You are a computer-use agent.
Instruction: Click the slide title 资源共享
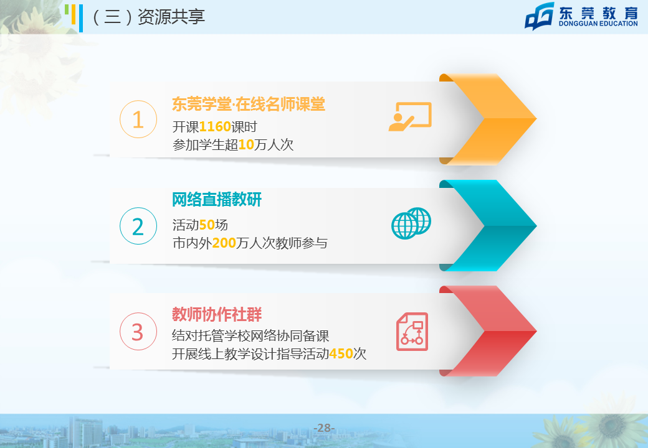pyautogui.click(x=171, y=17)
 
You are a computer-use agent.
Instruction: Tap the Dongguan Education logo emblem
pyautogui.click(x=540, y=16)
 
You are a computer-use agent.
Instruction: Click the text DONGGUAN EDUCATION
pyautogui.click(x=598, y=24)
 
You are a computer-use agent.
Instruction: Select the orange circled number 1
pyautogui.click(x=138, y=119)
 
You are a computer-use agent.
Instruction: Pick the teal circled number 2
pyautogui.click(x=138, y=226)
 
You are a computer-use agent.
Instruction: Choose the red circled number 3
pyautogui.click(x=138, y=332)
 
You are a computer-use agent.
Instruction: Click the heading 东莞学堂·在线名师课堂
pyautogui.click(x=249, y=104)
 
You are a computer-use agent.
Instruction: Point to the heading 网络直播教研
pyautogui.click(x=217, y=200)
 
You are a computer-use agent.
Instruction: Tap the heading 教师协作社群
pyautogui.click(x=217, y=314)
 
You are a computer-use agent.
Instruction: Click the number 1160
pyautogui.click(x=215, y=127)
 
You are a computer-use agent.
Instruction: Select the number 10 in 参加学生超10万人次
pyautogui.click(x=246, y=145)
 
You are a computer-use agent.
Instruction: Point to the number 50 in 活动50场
pyautogui.click(x=207, y=225)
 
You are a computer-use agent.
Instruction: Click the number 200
pyautogui.click(x=224, y=243)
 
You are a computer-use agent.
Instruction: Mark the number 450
pyautogui.click(x=341, y=353)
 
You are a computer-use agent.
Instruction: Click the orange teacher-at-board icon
pyautogui.click(x=410, y=117)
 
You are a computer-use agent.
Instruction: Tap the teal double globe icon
pyautogui.click(x=411, y=223)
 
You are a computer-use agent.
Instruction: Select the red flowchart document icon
pyautogui.click(x=412, y=332)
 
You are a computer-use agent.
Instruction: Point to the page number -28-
pyautogui.click(x=324, y=428)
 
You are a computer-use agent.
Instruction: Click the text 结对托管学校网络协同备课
pyautogui.click(x=250, y=336)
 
